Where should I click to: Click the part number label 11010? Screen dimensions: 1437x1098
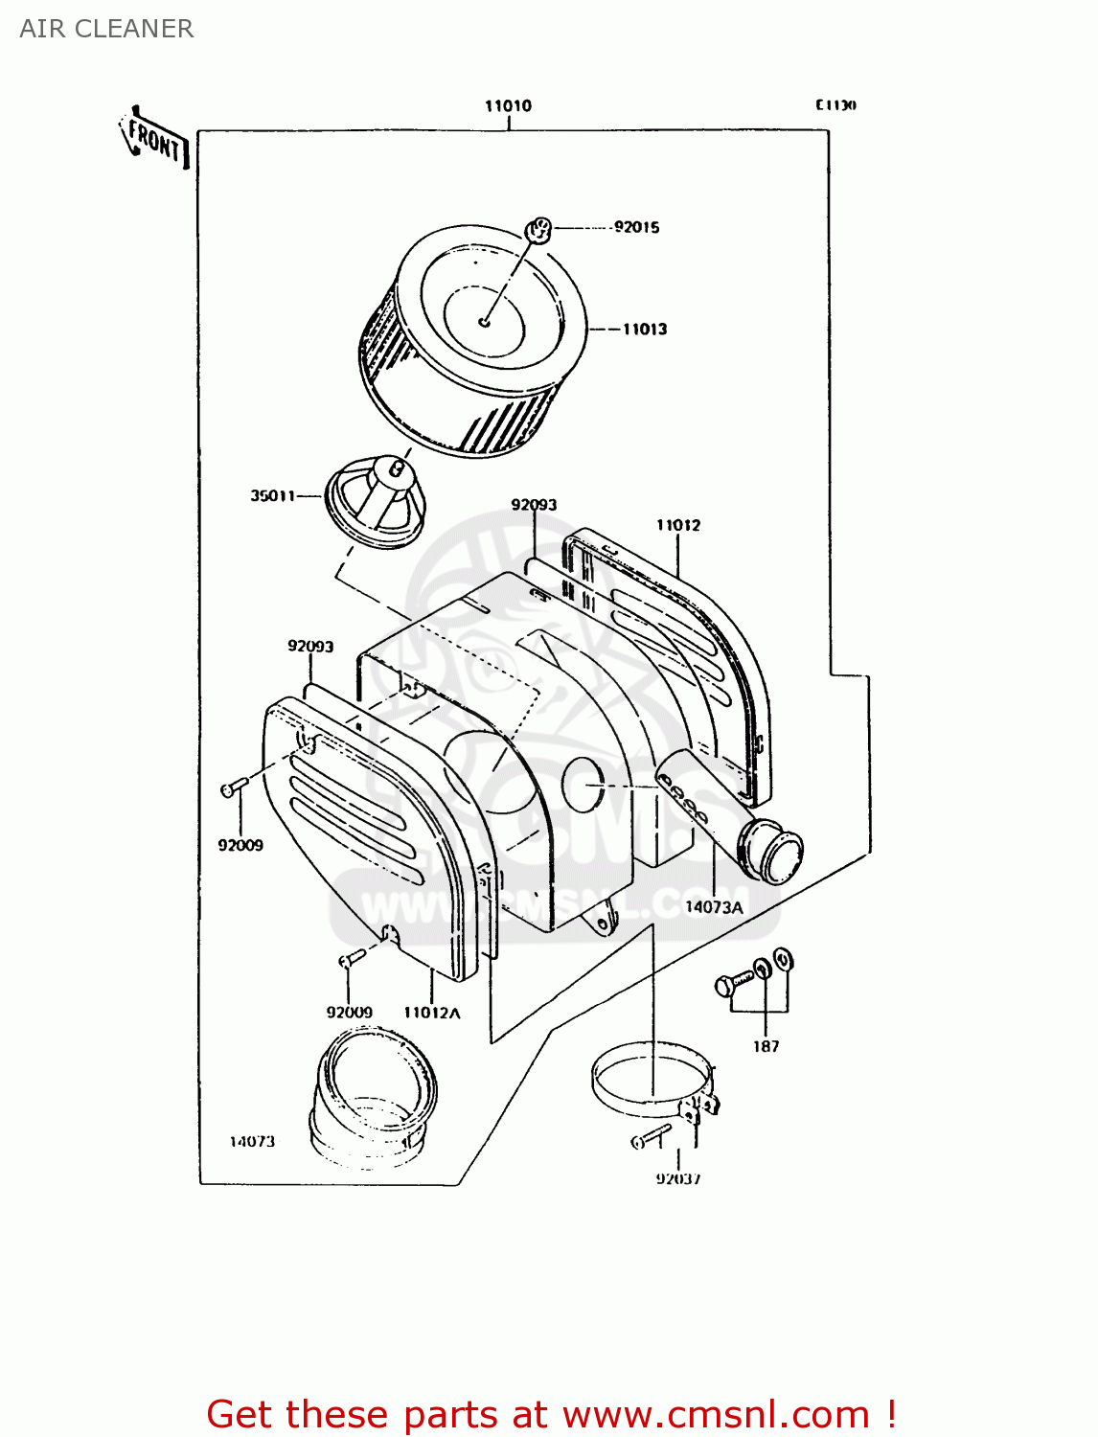pos(508,106)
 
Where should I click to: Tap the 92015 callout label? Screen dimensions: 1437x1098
pos(636,227)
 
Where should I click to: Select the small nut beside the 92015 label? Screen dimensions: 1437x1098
pos(538,230)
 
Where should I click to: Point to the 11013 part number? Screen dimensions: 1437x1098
pos(644,329)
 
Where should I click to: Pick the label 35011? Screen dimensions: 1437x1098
pos(272,495)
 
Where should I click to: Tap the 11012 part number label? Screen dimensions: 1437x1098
pos(677,525)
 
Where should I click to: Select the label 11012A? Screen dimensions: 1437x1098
pos(431,1013)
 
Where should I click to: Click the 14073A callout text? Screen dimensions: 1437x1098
pos(714,906)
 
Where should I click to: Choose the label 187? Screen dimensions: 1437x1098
pos(766,1046)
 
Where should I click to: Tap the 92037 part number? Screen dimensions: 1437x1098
pos(678,1178)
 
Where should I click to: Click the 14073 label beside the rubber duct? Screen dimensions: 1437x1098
pos(252,1141)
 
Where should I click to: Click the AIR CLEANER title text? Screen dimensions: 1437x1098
pos(106,29)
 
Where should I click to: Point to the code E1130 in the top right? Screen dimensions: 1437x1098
pos(835,105)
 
